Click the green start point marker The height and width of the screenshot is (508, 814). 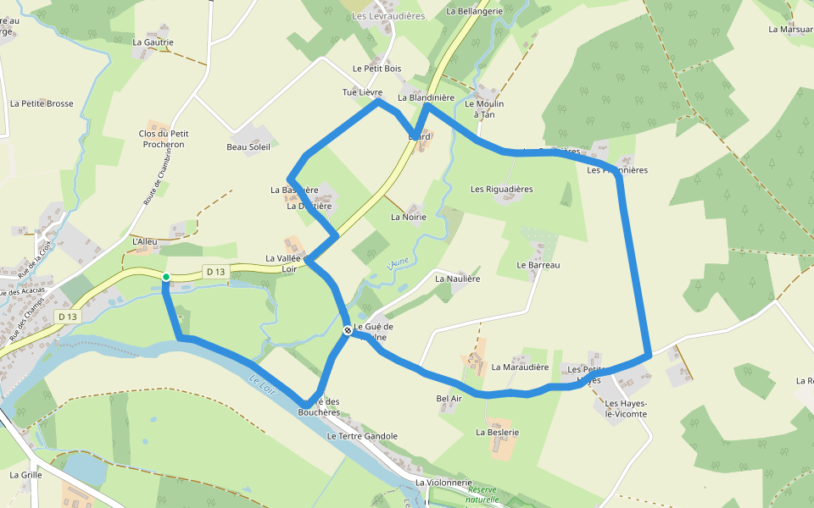(x=166, y=277)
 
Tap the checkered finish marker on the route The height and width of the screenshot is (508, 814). (x=348, y=330)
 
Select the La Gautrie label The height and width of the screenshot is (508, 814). (x=153, y=41)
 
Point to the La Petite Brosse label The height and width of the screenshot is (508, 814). (x=42, y=104)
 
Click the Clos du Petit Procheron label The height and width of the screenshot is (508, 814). (x=164, y=139)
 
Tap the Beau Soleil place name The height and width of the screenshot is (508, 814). (x=248, y=147)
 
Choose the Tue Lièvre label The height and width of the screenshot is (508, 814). (x=362, y=92)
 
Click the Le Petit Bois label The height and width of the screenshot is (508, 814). (x=377, y=69)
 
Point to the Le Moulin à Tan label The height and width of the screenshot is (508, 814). (x=484, y=108)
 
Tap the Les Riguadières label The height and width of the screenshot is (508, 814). (x=502, y=189)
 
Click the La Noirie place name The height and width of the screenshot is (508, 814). (x=409, y=217)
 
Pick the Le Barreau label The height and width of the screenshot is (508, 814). (x=539, y=265)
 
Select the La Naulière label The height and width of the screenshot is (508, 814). (x=458, y=279)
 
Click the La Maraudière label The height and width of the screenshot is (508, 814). (x=521, y=367)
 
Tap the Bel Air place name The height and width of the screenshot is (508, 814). (x=449, y=398)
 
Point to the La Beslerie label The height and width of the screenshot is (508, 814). (x=497, y=432)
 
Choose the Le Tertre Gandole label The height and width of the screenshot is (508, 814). (x=362, y=436)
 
